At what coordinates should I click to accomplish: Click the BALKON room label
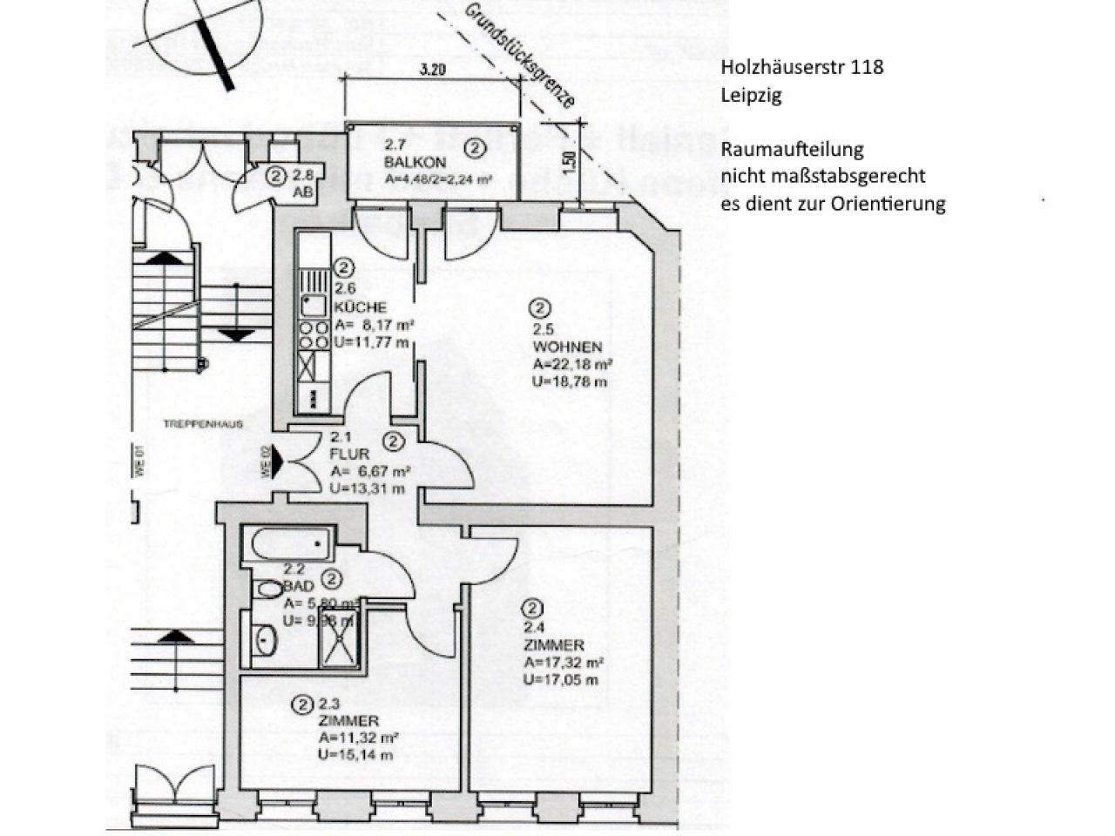coord(415,163)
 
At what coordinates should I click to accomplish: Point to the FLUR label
coord(350,454)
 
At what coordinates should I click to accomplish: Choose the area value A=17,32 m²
coord(564,663)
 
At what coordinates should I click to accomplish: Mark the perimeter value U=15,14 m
coord(355,755)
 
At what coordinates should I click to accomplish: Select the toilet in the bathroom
coord(267,590)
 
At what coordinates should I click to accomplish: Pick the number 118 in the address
coord(868,67)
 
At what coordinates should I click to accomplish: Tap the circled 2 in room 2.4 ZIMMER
coord(533,609)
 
